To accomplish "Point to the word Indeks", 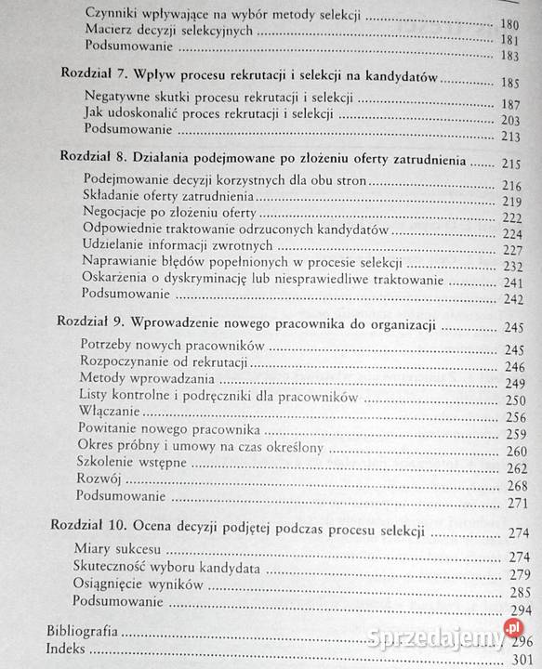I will (66, 648).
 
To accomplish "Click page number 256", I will (517, 416).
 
